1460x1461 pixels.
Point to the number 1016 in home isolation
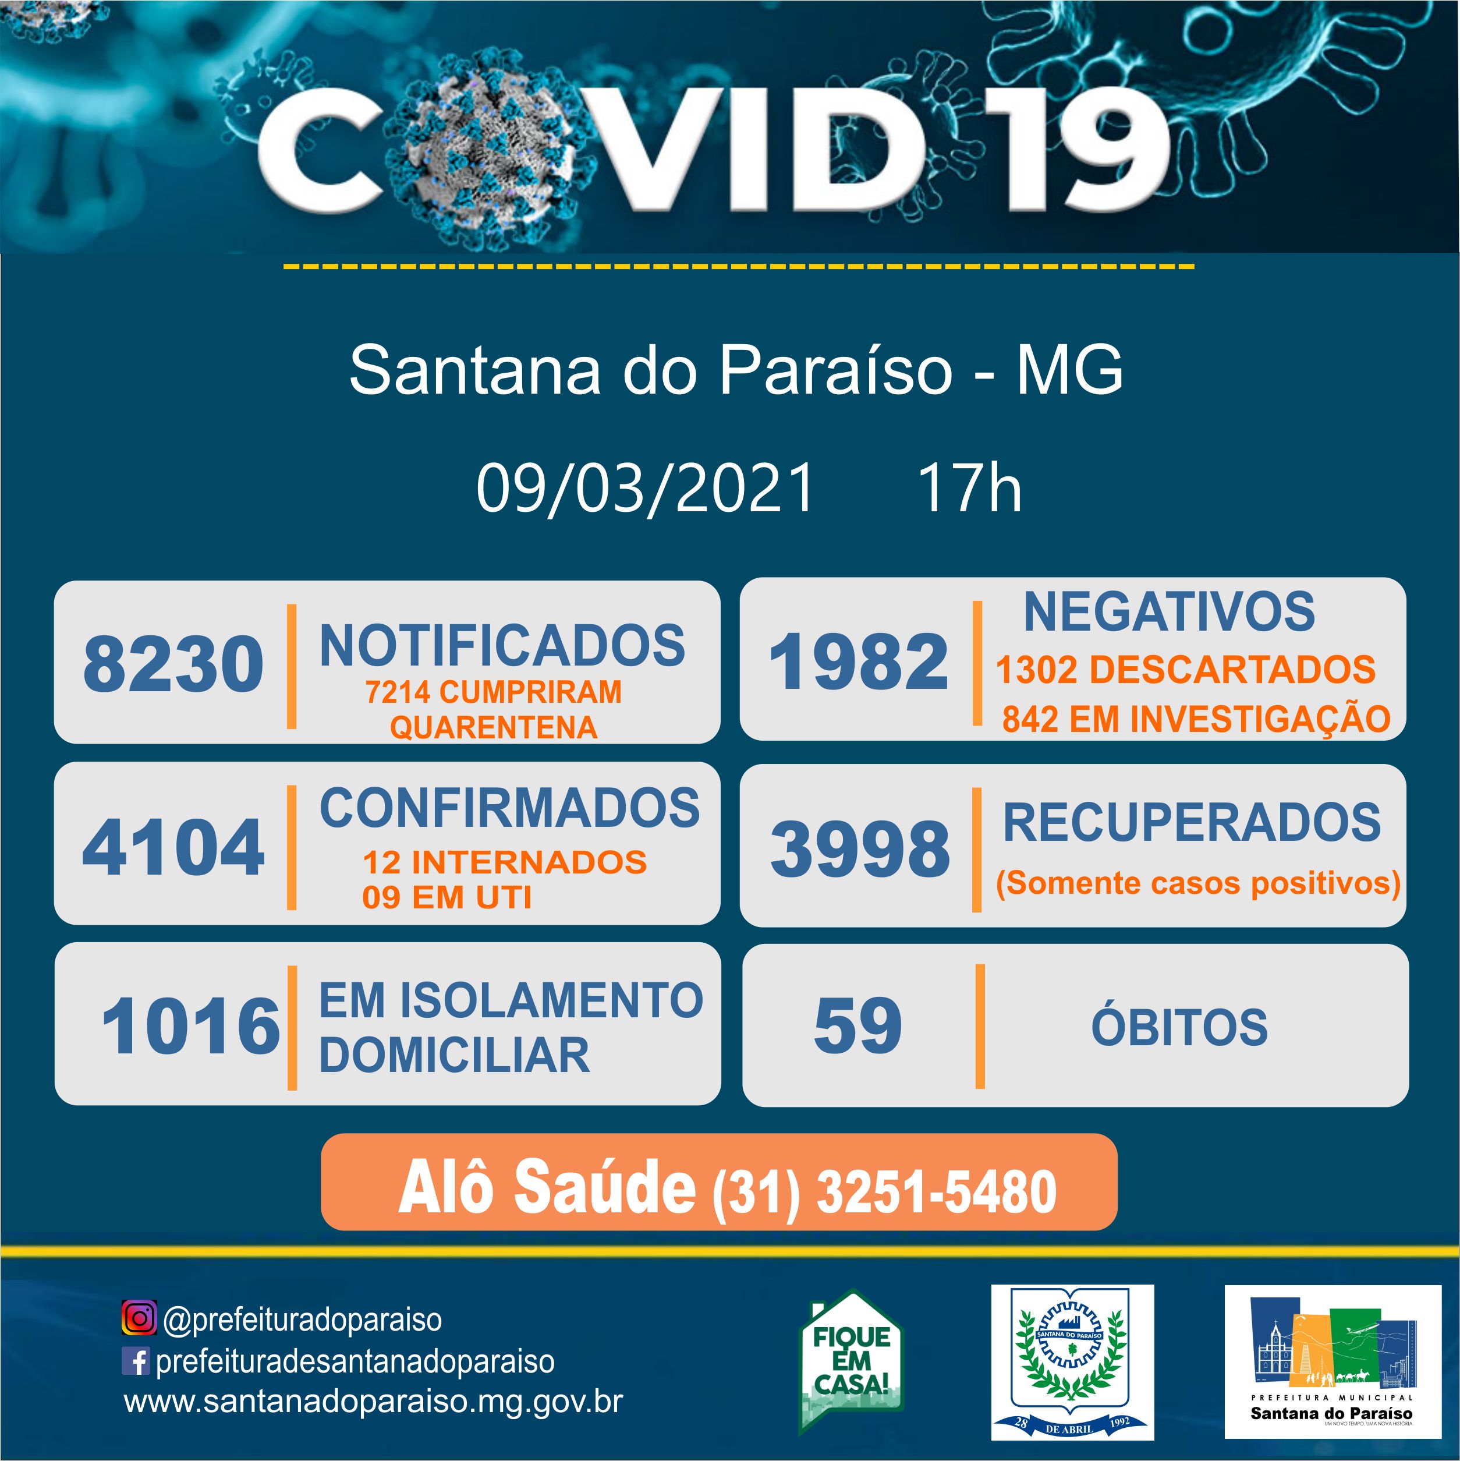(190, 1026)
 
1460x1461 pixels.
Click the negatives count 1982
(858, 661)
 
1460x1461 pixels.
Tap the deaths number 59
(858, 1025)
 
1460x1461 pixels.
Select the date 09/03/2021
(645, 488)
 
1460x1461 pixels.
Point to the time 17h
(970, 488)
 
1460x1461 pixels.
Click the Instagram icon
(139, 1319)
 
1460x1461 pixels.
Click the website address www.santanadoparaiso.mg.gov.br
(374, 1401)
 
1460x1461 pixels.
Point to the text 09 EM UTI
(447, 898)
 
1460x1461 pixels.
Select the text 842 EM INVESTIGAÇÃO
(1196, 719)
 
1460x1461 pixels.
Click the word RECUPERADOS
(1192, 822)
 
